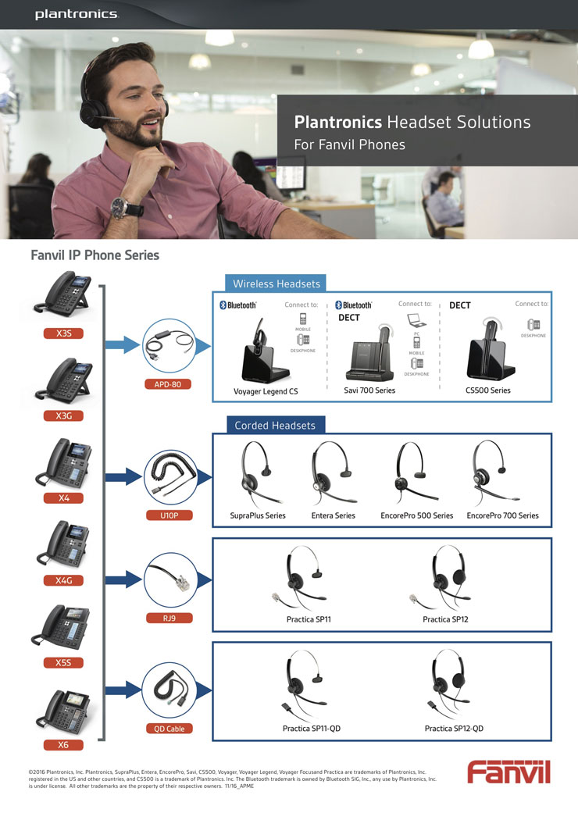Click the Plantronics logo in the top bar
[76, 14]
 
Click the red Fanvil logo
[508, 772]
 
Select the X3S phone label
[64, 333]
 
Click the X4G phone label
[64, 580]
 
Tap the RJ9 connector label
[168, 619]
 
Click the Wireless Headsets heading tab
[276, 283]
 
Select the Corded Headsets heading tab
[275, 426]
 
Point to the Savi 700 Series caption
[369, 390]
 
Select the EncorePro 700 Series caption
[502, 515]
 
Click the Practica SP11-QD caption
[312, 729]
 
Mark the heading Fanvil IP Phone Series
[95, 255]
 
